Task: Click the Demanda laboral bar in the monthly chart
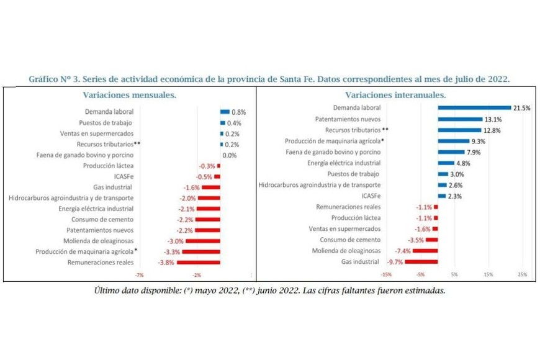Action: (x=225, y=112)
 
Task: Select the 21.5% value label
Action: (x=521, y=107)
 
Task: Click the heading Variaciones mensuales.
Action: (x=129, y=95)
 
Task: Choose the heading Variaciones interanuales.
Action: (x=395, y=95)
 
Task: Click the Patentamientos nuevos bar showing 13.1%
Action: (x=460, y=119)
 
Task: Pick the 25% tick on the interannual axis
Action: (x=522, y=274)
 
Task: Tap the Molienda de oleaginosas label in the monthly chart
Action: (x=98, y=241)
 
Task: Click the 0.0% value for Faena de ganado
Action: (x=229, y=155)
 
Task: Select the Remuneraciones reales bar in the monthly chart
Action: (x=199, y=263)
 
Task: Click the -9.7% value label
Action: (x=395, y=262)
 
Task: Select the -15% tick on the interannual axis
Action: (x=387, y=274)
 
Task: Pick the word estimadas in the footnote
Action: (x=425, y=290)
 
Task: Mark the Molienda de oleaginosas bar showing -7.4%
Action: (x=425, y=251)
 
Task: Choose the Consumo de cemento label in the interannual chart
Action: (x=350, y=240)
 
